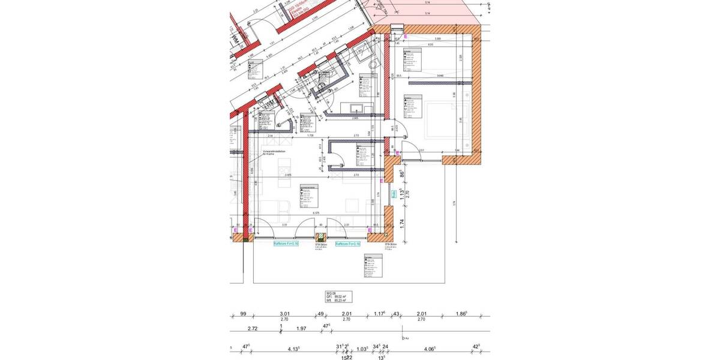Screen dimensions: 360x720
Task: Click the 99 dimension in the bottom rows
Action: [x=243, y=314]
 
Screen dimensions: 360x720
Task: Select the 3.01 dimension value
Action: [x=285, y=314]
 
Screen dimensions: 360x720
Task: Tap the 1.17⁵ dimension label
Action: [x=379, y=314]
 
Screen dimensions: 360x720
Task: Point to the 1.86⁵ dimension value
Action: [x=461, y=314]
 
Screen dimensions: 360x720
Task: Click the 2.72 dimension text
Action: [x=253, y=329]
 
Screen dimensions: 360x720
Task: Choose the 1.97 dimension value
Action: [x=302, y=329]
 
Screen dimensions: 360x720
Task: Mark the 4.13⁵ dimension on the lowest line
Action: [x=293, y=348]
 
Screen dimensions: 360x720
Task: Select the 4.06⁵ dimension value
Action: [x=429, y=348]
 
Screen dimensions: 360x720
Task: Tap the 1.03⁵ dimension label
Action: [x=362, y=348]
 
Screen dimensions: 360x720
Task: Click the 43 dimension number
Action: [x=397, y=314]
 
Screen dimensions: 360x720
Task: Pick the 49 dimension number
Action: [x=321, y=314]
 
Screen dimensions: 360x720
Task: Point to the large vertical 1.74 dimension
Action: [x=401, y=222]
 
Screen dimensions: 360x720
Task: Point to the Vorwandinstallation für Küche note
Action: [x=275, y=153]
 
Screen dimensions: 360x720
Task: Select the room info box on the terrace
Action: [x=373, y=266]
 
